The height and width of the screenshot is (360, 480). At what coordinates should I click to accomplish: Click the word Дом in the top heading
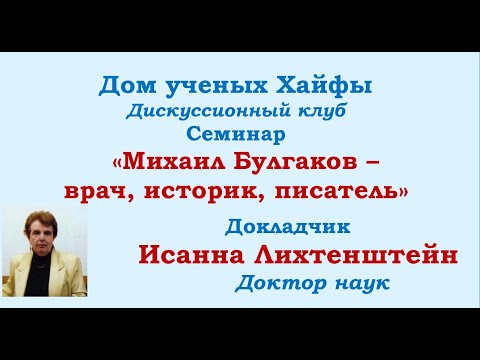(x=127, y=86)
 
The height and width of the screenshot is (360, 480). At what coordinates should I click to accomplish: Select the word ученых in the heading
(x=216, y=87)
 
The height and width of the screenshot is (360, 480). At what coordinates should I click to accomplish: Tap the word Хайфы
(x=324, y=87)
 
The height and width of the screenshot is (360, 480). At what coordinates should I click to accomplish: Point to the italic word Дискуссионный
(x=204, y=111)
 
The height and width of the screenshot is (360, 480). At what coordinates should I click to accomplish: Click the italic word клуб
(x=318, y=110)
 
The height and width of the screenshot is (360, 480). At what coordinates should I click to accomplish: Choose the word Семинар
(x=236, y=135)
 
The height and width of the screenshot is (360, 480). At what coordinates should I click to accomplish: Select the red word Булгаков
(x=295, y=162)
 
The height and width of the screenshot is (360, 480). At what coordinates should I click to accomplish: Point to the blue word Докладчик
(x=287, y=227)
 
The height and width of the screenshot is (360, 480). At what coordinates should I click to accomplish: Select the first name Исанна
(x=191, y=255)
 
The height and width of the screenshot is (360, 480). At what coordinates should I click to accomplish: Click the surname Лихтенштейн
(x=356, y=255)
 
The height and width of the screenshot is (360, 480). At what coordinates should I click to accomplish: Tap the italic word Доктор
(x=281, y=284)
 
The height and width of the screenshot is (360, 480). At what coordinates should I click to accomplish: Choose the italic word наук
(x=362, y=284)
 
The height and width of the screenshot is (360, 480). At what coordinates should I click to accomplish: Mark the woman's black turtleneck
(x=38, y=276)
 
